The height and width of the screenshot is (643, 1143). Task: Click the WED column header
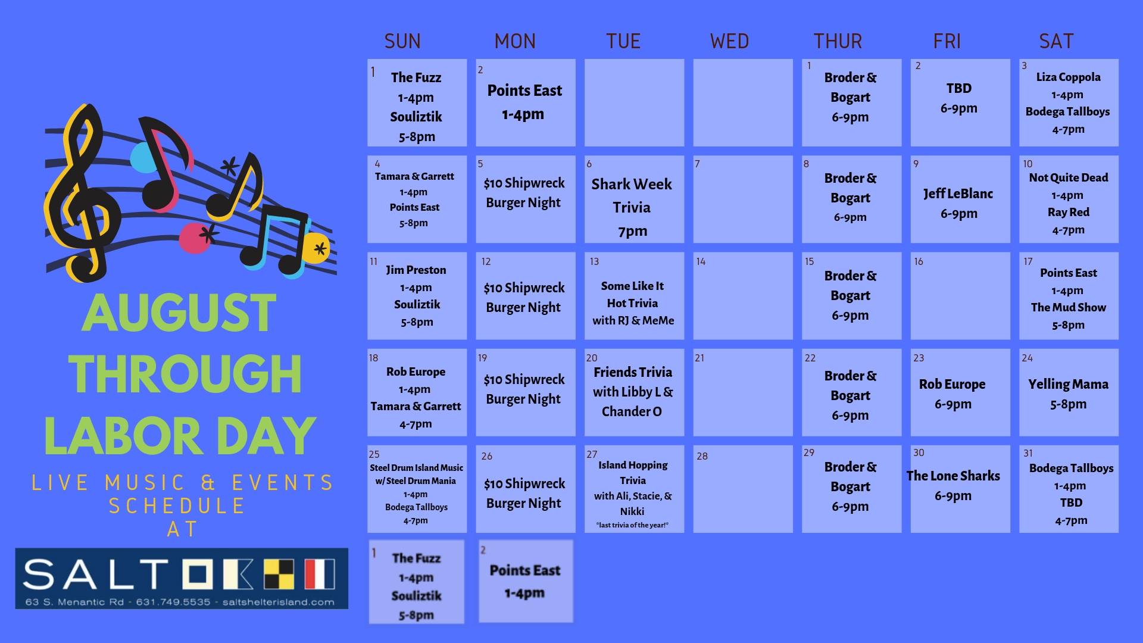[729, 41]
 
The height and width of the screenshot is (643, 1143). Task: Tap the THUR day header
[838, 41]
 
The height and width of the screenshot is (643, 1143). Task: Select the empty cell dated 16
[960, 296]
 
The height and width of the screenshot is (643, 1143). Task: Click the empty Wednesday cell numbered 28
[743, 489]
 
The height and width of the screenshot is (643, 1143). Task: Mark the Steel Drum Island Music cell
[417, 489]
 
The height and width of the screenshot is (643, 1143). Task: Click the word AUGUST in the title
[179, 313]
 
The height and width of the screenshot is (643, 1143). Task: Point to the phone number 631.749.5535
[173, 602]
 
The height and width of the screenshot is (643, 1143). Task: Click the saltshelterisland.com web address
[279, 602]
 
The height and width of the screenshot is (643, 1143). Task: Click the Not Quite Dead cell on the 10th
[1069, 199]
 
